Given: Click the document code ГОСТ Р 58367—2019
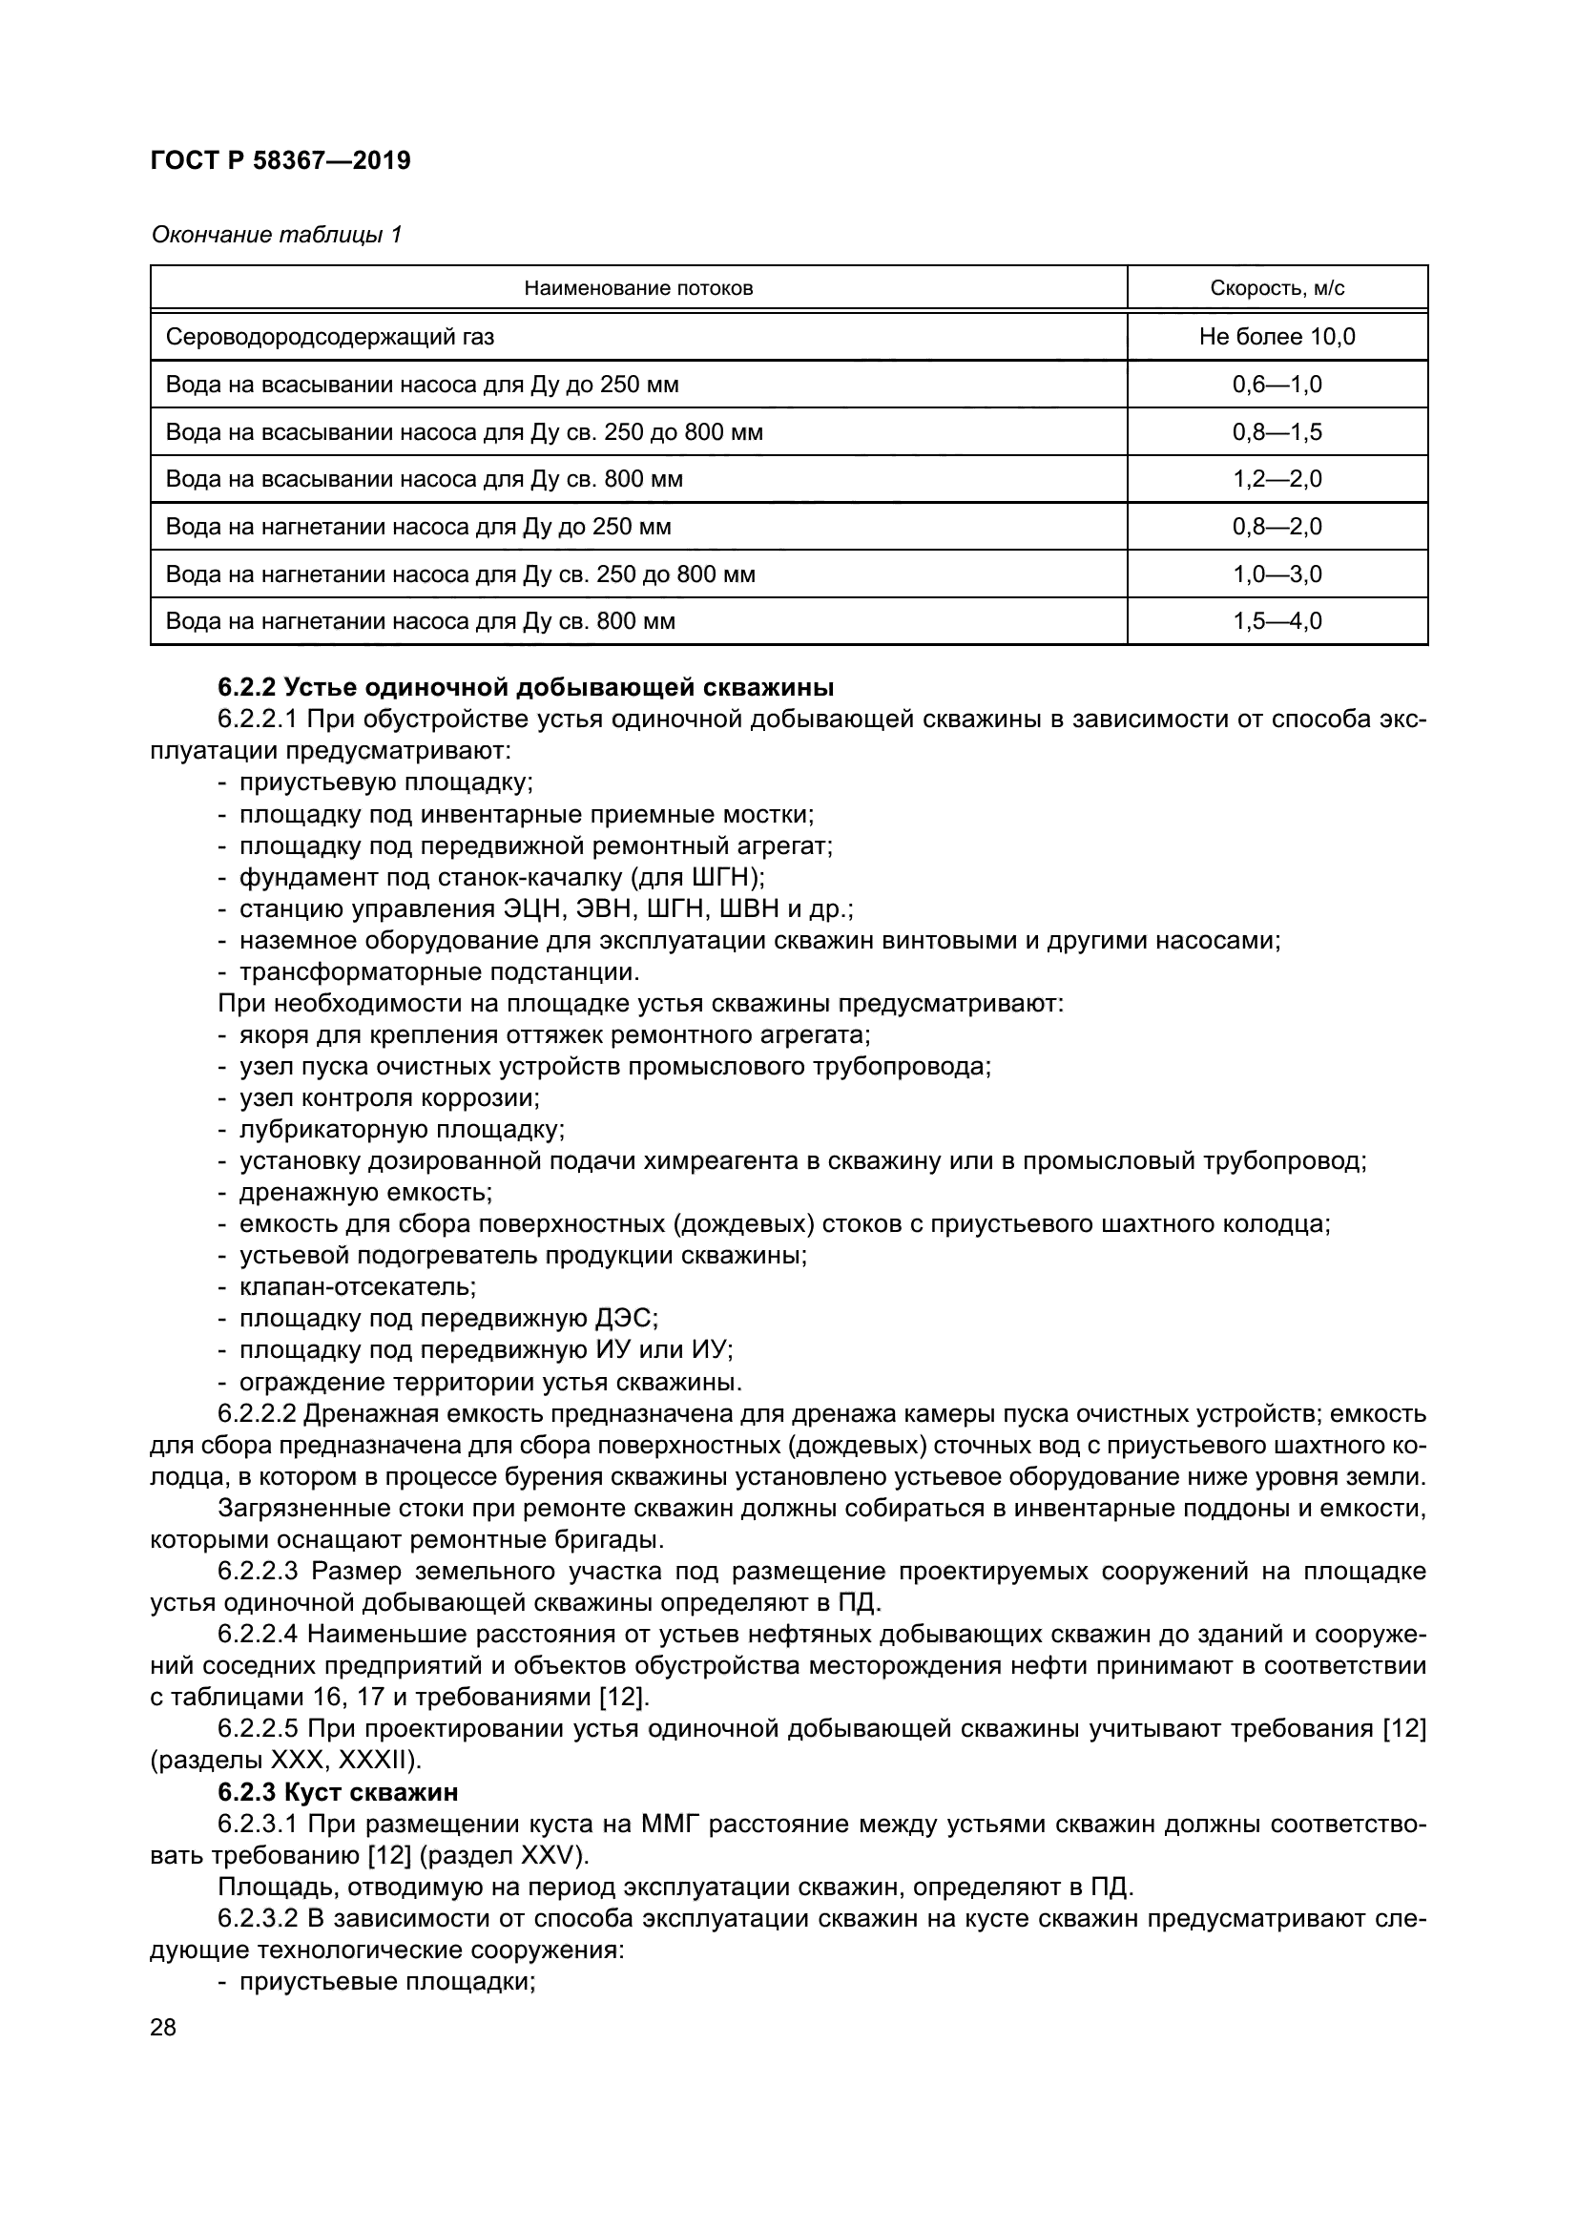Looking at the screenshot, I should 280,160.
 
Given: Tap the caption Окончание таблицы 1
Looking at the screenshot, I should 276,236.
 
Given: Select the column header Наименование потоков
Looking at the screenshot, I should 638,289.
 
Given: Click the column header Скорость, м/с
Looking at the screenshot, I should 1277,289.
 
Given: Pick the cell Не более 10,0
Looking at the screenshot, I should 1277,337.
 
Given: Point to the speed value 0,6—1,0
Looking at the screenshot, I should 1277,385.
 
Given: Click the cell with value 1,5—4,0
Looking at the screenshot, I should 1277,621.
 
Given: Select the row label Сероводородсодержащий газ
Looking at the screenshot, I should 329,337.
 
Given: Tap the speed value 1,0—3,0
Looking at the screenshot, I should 1277,574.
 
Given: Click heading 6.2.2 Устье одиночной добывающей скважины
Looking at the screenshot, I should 526,688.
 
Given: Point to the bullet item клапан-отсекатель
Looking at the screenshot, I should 358,1287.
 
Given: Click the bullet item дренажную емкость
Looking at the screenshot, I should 366,1193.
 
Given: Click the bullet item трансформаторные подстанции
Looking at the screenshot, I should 439,972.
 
